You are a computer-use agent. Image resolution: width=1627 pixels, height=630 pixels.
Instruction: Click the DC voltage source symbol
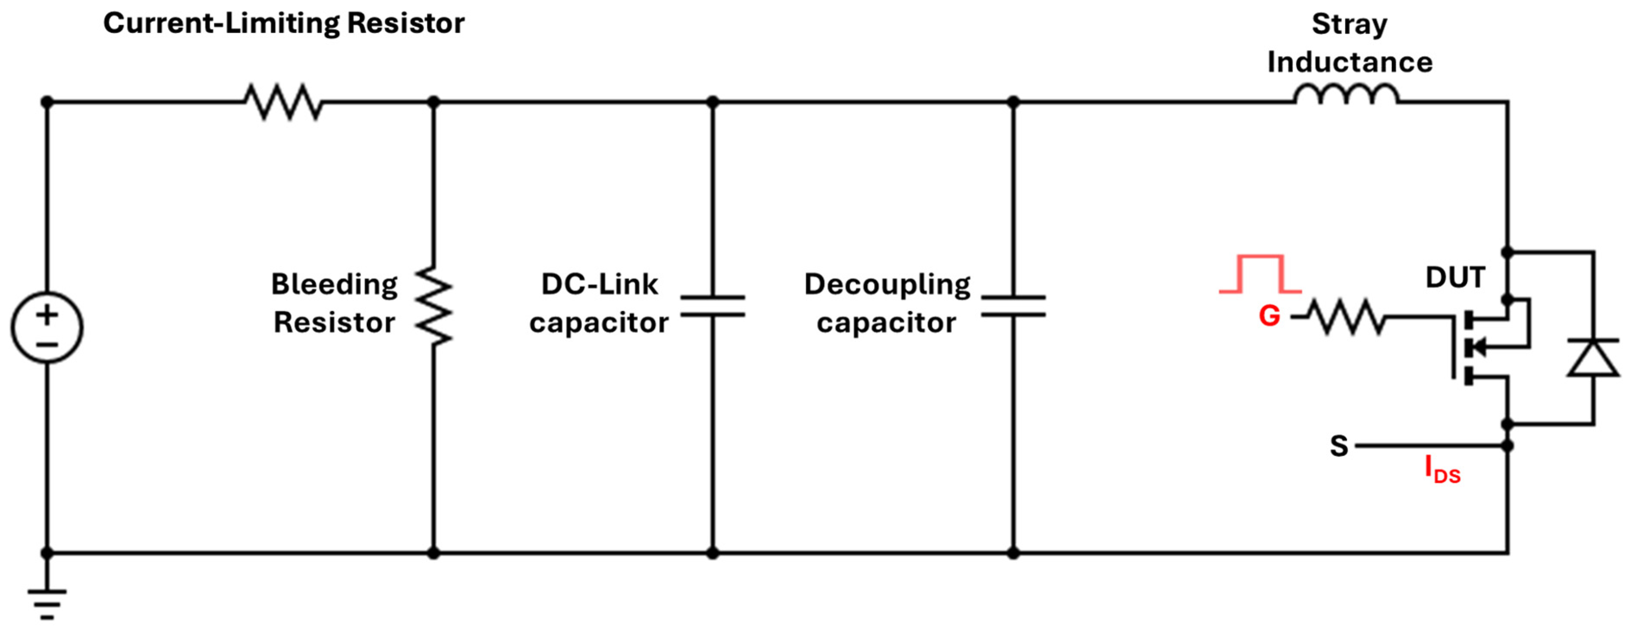pyautogui.click(x=47, y=328)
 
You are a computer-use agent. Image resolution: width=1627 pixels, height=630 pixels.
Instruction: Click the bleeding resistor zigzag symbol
pyautogui.click(x=434, y=306)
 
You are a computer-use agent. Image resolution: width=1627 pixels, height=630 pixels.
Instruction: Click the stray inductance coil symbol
pyautogui.click(x=1347, y=95)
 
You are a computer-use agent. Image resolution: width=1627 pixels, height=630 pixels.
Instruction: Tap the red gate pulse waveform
pyautogui.click(x=1260, y=274)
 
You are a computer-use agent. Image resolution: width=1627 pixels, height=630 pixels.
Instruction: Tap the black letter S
pyautogui.click(x=1339, y=446)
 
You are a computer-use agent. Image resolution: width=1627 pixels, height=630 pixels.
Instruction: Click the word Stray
pyautogui.click(x=1349, y=25)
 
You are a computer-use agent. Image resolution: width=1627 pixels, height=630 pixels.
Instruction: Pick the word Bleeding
pyautogui.click(x=334, y=284)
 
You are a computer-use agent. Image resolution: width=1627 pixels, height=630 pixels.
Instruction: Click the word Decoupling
pyautogui.click(x=887, y=285)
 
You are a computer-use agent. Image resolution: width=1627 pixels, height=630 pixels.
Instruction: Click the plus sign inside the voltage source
pyautogui.click(x=47, y=315)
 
